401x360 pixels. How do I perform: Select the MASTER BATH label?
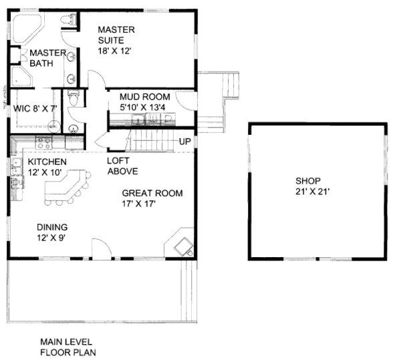pyautogui.click(x=47, y=58)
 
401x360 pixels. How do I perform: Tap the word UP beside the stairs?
pyautogui.click(x=185, y=142)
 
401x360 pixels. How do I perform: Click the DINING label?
pyautogui.click(x=51, y=226)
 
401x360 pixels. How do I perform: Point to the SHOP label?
pyautogui.click(x=309, y=180)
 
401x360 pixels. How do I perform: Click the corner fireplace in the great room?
pyautogui.click(x=182, y=246)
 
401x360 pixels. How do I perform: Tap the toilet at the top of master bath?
pyautogui.click(x=65, y=21)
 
